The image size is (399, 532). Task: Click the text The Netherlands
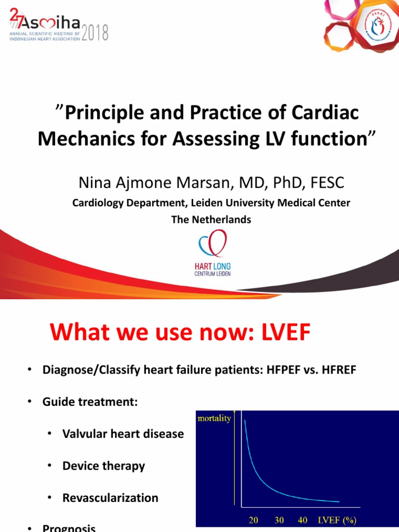(x=211, y=219)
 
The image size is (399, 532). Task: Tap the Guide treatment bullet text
(x=90, y=402)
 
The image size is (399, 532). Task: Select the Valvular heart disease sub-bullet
(x=123, y=433)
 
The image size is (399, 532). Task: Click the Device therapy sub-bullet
(x=103, y=465)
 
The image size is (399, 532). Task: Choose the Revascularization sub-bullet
(x=110, y=498)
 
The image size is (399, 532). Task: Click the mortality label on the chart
(x=214, y=418)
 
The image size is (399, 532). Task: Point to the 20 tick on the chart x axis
(x=254, y=520)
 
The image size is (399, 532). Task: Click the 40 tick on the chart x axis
(x=303, y=520)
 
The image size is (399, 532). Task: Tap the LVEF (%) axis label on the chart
(x=337, y=520)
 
